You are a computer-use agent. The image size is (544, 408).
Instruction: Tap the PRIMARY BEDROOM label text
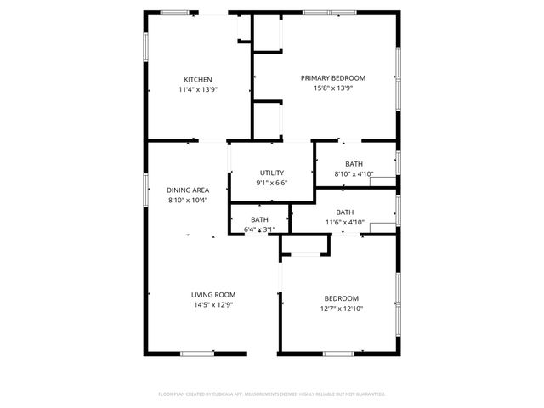pos(326,77)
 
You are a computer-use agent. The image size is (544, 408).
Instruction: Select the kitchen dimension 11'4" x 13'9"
pos(198,89)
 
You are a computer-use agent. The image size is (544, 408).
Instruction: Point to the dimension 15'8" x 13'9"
pos(326,88)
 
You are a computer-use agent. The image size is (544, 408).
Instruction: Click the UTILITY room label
pos(271,173)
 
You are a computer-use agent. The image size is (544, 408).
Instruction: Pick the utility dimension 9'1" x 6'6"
pos(271,183)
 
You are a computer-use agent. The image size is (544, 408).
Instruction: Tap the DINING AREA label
pos(188,190)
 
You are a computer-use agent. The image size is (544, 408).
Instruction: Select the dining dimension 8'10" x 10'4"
pos(188,200)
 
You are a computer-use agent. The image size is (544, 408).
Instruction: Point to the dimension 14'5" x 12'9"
pos(212,304)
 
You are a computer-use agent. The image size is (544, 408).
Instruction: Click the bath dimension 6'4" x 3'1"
pos(259,229)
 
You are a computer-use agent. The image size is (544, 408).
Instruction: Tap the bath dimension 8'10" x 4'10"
pos(354,173)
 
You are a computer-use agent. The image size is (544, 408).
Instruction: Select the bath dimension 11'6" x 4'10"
pos(344,222)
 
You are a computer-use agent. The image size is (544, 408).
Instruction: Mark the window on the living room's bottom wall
pos(196,353)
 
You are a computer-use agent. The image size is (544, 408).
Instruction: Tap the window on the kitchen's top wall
pos(175,12)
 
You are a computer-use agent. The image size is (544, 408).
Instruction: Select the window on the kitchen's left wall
pos(146,47)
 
